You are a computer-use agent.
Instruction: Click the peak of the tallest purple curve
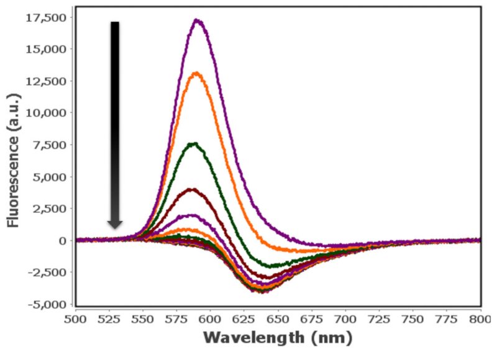tap(198, 20)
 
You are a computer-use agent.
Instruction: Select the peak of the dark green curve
tap(194, 144)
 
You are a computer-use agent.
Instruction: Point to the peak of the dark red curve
tap(192, 189)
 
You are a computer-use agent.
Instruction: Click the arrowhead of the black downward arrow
tap(115, 223)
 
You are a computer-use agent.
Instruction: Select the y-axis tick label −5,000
tap(46, 304)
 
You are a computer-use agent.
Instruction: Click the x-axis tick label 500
tap(75, 318)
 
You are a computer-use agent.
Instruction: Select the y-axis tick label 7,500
tap(48, 144)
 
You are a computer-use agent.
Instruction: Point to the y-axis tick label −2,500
tap(46, 272)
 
